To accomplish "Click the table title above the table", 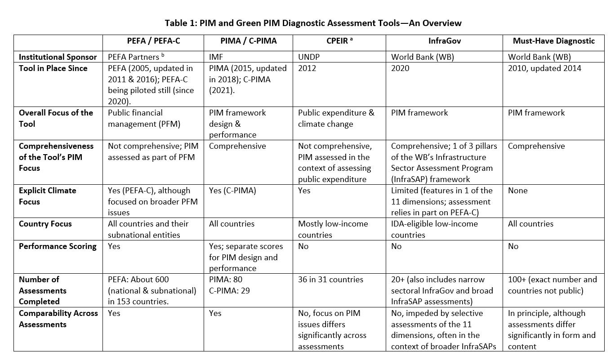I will (x=313, y=22).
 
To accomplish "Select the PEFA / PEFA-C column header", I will (x=153, y=41).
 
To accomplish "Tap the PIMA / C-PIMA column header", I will (x=249, y=41).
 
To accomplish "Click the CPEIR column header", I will (x=339, y=41).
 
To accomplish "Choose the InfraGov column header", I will (x=445, y=41).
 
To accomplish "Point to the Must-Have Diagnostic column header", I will (x=553, y=41).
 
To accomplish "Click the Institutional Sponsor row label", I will (x=58, y=57).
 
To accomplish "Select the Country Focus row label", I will (x=45, y=224).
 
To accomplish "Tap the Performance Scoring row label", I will (x=57, y=246).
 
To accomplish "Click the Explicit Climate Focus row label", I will (x=47, y=196).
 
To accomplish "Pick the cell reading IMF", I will (x=217, y=57).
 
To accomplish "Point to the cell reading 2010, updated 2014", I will (x=544, y=68).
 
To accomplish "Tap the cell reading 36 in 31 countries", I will (x=330, y=280).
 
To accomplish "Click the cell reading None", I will (x=517, y=191).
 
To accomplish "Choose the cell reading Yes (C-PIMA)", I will (x=232, y=191).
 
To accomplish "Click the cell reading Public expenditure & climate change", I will (x=336, y=118).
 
